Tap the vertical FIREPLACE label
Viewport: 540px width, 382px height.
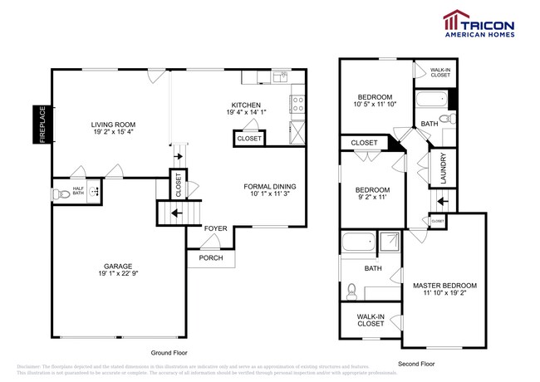[38, 125]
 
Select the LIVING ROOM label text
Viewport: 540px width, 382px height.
[115, 125]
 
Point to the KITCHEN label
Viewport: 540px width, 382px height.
[246, 105]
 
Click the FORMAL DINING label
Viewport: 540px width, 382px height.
[269, 186]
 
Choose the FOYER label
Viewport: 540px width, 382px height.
[216, 228]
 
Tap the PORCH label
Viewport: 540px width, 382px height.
[210, 257]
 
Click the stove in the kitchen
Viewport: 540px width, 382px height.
[297, 104]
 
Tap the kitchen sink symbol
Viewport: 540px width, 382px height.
[280, 77]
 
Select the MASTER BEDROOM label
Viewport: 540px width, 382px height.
[444, 286]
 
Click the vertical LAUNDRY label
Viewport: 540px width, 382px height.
[444, 168]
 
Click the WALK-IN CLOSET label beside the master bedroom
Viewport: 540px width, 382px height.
[370, 320]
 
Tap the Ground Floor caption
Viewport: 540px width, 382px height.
[169, 352]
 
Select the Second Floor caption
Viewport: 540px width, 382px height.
[416, 363]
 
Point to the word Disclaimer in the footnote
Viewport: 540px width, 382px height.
[32, 366]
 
